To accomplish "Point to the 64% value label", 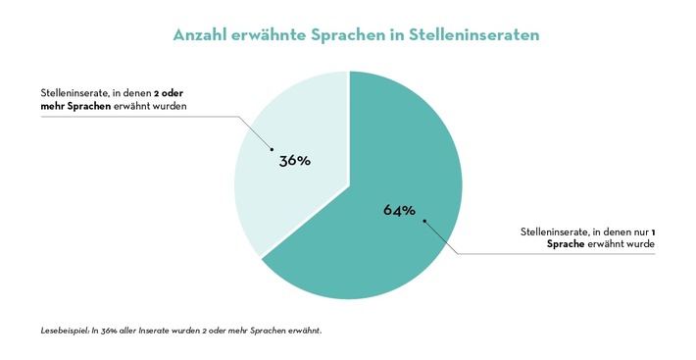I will tap(400, 210).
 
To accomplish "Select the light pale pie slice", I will tap(274, 196).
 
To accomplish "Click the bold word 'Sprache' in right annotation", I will tap(566, 244).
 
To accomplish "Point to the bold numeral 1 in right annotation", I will tap(653, 231).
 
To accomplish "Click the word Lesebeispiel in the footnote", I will tap(63, 331).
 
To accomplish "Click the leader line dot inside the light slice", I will tap(272, 150).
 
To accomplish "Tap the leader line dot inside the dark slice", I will tap(424, 221).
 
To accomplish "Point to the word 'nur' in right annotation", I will tap(637, 231).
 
